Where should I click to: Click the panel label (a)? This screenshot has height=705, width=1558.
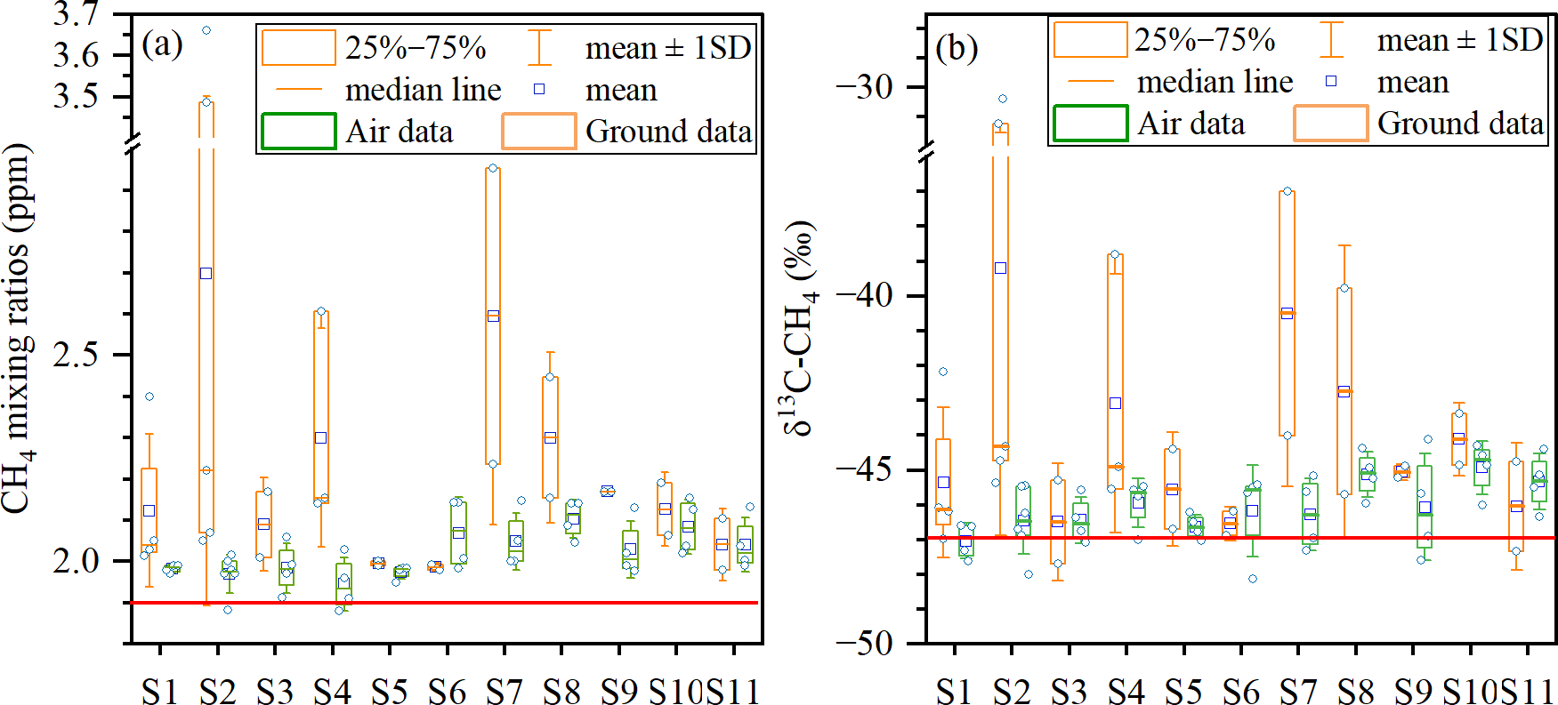point(162,44)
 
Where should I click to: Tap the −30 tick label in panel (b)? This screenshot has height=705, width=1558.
point(865,86)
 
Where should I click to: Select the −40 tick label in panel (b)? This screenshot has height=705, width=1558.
point(865,295)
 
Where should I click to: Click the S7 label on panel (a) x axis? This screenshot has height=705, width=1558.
point(505,691)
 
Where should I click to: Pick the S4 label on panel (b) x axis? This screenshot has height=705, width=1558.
point(1126,691)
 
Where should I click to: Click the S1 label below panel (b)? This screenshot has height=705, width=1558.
point(954,691)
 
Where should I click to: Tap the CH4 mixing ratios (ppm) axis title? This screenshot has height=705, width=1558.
point(18,329)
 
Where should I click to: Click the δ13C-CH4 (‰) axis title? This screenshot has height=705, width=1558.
point(799,329)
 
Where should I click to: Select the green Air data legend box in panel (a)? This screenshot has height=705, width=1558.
point(299,131)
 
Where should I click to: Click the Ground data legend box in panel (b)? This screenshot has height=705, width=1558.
point(1330,124)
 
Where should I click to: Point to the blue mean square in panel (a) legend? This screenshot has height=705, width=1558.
point(539,89)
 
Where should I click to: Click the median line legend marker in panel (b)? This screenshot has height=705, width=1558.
point(1090,82)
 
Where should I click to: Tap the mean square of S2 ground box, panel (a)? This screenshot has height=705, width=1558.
point(206,273)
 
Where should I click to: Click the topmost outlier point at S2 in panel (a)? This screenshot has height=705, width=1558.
point(206,30)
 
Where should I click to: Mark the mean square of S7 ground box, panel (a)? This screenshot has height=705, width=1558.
point(493,316)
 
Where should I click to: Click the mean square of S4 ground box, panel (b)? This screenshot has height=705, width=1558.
point(1115,403)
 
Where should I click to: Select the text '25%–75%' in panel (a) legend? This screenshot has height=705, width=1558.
point(416,48)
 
